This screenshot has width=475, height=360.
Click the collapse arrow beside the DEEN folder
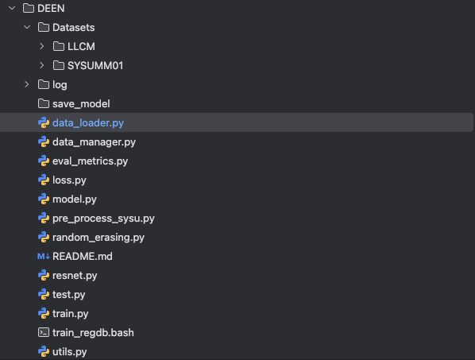12,8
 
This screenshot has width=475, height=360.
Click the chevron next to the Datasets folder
27,27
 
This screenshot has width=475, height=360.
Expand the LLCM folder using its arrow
42,46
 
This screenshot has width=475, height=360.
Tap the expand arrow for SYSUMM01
42,65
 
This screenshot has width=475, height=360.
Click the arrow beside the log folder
27,84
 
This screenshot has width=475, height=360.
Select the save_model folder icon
44,103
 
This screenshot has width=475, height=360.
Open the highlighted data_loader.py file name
88,123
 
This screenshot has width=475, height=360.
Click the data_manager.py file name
94,142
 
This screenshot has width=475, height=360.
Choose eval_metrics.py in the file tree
90,161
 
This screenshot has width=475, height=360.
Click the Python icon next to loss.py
44,180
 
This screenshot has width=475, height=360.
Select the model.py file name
75,199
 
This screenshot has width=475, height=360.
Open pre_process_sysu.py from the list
103,219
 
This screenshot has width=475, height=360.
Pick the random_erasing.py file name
98,238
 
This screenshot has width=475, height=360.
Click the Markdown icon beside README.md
44,257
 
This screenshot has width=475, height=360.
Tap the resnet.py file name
75,276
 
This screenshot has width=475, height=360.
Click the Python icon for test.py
44,295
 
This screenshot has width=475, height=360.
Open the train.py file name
70,314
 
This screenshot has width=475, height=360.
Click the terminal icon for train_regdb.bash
44,333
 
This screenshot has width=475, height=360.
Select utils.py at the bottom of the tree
70,352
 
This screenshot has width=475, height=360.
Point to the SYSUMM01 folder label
95,65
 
